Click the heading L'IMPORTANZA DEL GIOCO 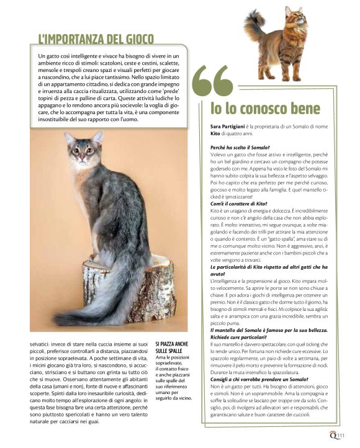96,39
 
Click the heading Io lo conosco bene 265,109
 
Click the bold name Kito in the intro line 215,133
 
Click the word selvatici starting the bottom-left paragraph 42,343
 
